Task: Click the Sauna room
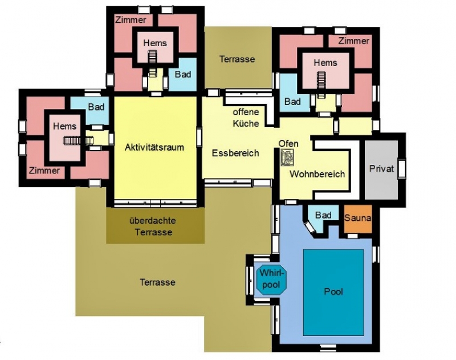(358, 219)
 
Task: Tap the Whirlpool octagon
(272, 280)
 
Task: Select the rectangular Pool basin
(333, 292)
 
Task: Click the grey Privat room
(381, 169)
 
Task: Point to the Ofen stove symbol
(287, 157)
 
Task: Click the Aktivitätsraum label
(154, 147)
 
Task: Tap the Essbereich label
(235, 153)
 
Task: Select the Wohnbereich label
(317, 174)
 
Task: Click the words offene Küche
(246, 118)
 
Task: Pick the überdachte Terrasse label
(153, 226)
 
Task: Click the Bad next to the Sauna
(323, 215)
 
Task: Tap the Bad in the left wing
(96, 107)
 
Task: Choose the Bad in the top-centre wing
(183, 74)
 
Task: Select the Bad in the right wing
(292, 102)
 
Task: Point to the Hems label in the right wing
(325, 63)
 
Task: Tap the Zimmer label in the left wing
(44, 171)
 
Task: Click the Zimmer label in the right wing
(353, 41)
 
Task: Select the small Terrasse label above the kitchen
(237, 59)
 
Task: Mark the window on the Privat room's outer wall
(402, 168)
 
